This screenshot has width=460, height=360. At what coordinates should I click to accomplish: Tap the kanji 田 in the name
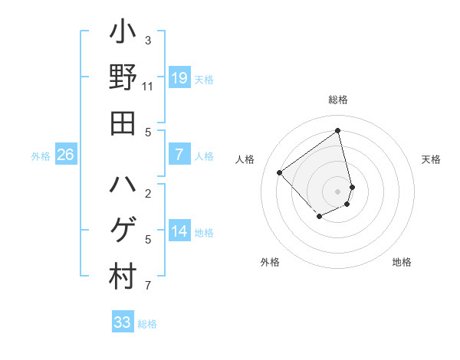(x=123, y=123)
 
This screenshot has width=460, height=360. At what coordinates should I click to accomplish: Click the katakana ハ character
(x=123, y=185)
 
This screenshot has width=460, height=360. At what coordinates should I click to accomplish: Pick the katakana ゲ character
(x=123, y=231)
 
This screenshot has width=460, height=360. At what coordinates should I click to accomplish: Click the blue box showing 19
(x=179, y=77)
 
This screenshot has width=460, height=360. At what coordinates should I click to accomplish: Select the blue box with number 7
(x=179, y=155)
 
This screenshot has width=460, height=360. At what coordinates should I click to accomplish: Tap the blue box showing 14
(x=179, y=231)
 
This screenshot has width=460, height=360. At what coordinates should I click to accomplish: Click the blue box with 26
(x=66, y=155)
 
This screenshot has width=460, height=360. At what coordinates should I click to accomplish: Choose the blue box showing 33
(x=123, y=322)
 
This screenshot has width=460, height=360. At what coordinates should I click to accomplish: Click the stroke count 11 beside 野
(x=148, y=87)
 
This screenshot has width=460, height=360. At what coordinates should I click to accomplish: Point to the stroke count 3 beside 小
(x=148, y=41)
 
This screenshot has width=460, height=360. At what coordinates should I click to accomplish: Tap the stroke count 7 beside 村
(x=148, y=286)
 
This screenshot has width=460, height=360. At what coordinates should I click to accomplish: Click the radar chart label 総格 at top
(x=338, y=100)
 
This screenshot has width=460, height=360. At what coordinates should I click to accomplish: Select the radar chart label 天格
(x=431, y=159)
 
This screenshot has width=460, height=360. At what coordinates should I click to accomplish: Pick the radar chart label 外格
(x=270, y=262)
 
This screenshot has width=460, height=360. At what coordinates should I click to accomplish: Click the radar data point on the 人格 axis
(x=280, y=172)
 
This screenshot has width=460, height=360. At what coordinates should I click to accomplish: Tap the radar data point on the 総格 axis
(x=338, y=129)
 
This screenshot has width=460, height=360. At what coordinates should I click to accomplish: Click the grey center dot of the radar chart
(x=338, y=191)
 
